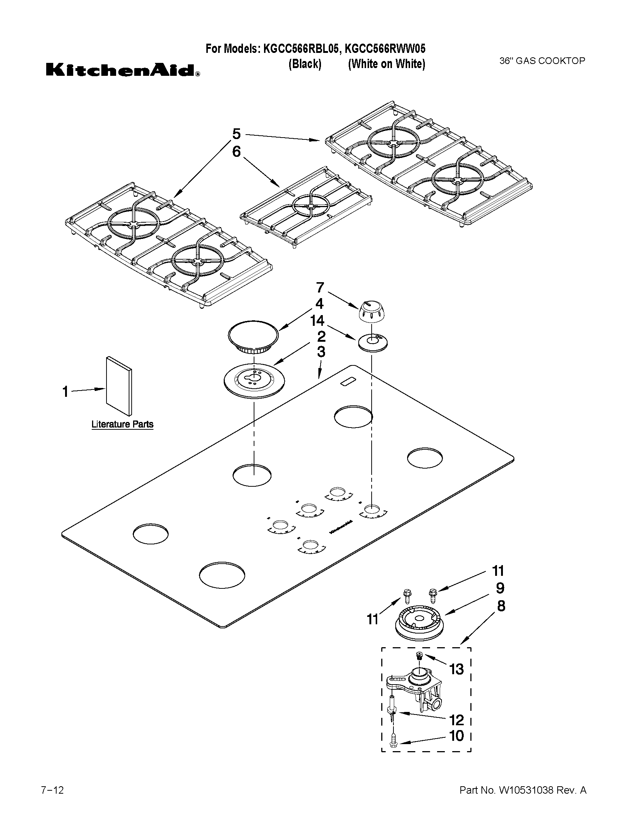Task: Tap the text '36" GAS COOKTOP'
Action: [542, 61]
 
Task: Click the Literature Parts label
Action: [122, 424]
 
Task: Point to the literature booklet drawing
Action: [119, 386]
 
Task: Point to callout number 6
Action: [237, 152]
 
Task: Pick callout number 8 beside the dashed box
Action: [500, 606]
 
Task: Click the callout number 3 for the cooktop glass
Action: [321, 352]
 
